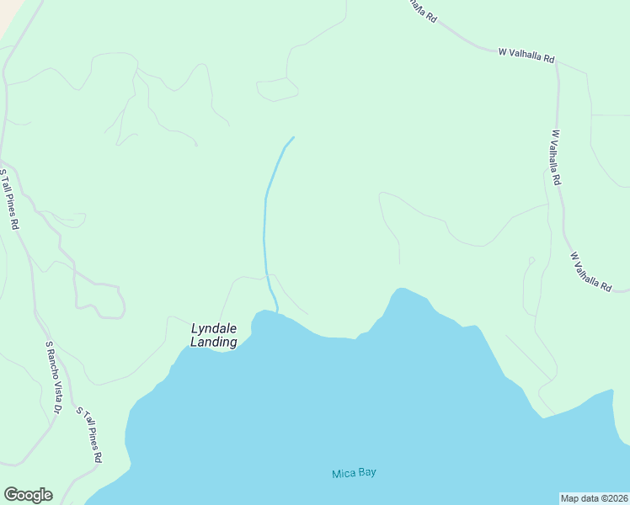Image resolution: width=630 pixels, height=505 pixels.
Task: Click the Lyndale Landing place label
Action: coord(214,335)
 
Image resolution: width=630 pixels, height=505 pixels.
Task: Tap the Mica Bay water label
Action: coord(354,473)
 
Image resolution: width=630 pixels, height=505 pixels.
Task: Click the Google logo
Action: coord(28,495)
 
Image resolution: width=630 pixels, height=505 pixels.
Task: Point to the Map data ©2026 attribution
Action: coord(594,498)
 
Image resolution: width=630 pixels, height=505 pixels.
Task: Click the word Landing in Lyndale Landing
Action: coord(214,342)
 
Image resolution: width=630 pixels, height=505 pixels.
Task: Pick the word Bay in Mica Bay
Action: coord(366,473)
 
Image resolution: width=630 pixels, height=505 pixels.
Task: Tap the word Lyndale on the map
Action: coord(214,328)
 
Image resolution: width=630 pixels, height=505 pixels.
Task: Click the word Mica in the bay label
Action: coord(343,473)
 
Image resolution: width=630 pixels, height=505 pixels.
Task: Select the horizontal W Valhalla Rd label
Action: coord(526,56)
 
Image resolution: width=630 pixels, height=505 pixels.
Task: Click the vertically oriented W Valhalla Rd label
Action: coord(557,157)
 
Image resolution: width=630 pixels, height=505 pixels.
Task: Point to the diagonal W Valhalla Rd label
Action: coord(590,272)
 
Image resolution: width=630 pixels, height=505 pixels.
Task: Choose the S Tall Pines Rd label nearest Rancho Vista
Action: coord(89,435)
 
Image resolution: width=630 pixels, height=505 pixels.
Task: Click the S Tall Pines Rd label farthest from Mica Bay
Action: coord(9,199)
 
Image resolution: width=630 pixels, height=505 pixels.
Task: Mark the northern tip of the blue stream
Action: coord(293,137)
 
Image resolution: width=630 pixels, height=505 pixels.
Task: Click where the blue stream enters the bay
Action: coord(276,311)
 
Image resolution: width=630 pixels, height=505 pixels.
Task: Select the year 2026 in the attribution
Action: coord(616,498)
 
